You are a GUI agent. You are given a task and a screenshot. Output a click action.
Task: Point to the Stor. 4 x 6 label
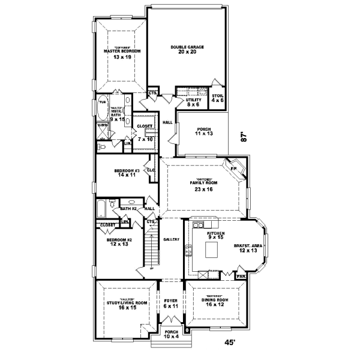pos(217,98)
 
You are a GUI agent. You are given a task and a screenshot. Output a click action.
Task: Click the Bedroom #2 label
pos(118,242)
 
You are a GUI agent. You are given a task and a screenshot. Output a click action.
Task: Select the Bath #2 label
pos(129,209)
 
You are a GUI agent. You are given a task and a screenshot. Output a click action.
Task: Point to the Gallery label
pos(172,239)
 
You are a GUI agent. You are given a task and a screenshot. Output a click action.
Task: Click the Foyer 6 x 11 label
pos(171,304)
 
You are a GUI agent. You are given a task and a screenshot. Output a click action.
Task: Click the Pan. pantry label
pos(241,277)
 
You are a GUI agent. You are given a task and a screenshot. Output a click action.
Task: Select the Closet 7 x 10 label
pos(145,133)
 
